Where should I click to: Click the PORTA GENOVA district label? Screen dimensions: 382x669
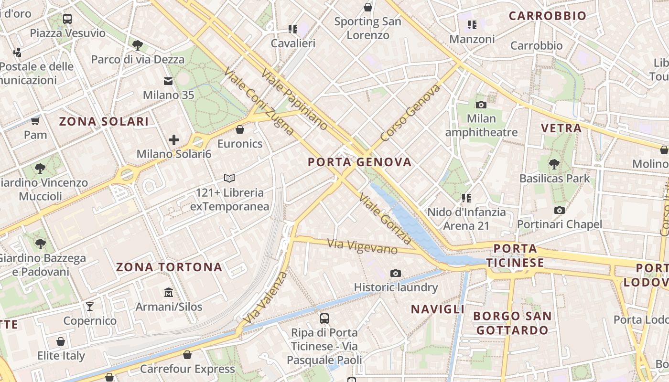[359, 162]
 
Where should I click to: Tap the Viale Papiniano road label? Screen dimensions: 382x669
[294, 99]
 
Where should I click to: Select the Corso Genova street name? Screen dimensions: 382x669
[410, 113]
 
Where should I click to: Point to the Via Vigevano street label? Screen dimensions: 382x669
[362, 246]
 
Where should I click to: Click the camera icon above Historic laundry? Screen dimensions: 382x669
[395, 273]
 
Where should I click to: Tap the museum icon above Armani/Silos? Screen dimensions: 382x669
[168, 292]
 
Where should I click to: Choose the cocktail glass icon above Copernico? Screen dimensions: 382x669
[89, 306]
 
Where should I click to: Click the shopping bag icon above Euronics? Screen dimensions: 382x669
[240, 129]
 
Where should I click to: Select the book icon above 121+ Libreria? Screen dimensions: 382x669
[229, 178]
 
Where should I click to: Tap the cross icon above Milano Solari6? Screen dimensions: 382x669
[174, 140]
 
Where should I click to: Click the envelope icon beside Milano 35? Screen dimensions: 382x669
[168, 81]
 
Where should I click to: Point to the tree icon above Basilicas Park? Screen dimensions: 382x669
[554, 164]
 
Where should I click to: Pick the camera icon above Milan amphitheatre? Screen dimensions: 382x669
[481, 105]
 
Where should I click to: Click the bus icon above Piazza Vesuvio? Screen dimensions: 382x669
[67, 19]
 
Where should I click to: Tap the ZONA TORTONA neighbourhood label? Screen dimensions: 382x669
[169, 267]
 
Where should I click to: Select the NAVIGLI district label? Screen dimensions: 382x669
[438, 309]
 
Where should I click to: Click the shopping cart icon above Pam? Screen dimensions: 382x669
[35, 121]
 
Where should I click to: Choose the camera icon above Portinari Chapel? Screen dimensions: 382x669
[559, 210]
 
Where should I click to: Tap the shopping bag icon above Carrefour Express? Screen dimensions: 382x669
[187, 355]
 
